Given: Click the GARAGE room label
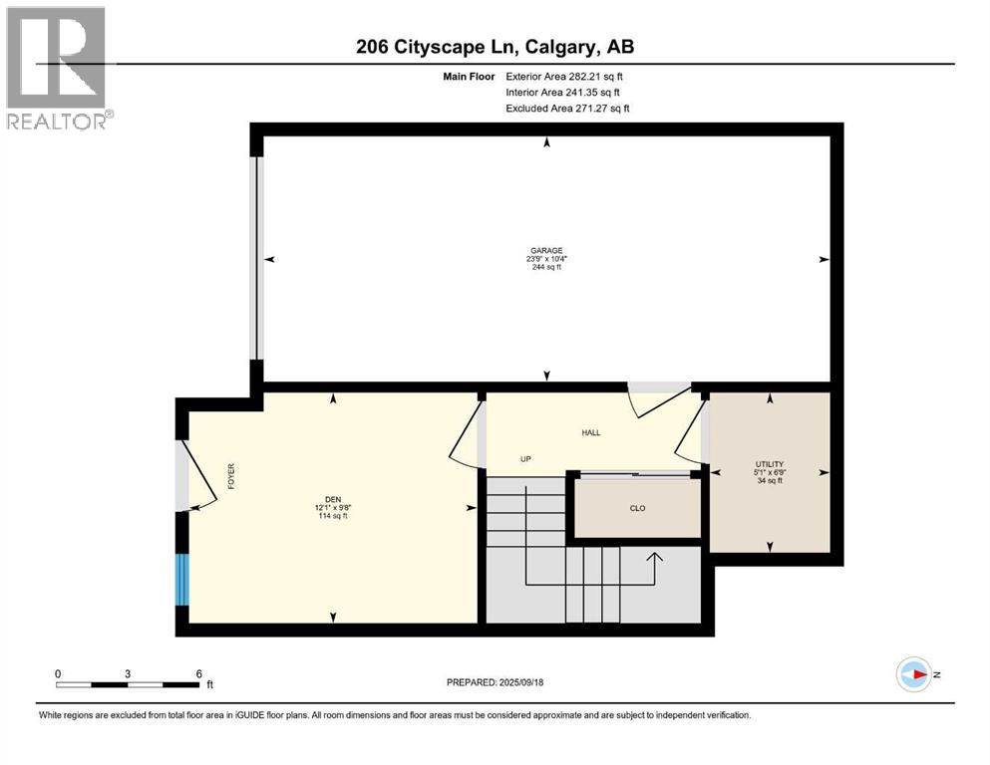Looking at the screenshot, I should point(546,250).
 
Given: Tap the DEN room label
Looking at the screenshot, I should point(332,499).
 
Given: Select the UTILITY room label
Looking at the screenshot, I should point(769,463).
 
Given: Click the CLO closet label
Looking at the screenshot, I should point(637,508).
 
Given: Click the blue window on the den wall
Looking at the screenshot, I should point(181,580).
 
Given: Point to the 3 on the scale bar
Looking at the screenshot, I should point(128,673).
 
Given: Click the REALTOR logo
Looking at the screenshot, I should point(56,68).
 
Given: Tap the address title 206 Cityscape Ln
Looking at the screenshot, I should point(495,46).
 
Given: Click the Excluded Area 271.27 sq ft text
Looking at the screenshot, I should point(567,108).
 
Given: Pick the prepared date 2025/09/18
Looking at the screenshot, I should point(495,682).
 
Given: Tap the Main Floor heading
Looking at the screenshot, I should point(469,76).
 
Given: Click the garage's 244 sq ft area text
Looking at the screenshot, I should point(546,267).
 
